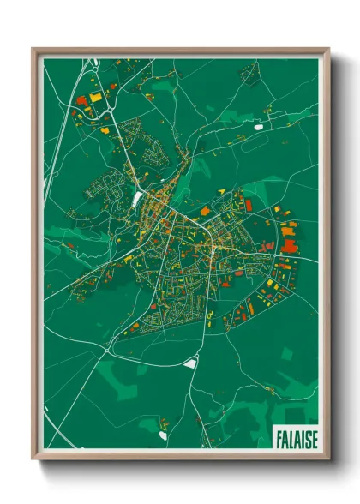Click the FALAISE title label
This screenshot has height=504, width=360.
point(296,437)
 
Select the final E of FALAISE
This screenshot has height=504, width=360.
point(313,437)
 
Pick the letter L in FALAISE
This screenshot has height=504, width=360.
point(291,437)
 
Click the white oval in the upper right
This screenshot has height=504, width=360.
point(259,128)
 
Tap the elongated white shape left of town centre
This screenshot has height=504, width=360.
point(137,199)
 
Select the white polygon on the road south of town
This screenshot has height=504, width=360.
point(190,362)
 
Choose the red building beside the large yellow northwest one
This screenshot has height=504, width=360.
point(82,100)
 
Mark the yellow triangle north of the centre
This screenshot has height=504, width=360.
point(221,190)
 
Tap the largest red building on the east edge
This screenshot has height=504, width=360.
point(289,247)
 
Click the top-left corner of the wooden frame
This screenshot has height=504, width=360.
point(33,48)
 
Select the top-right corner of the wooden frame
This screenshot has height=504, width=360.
point(329,48)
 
